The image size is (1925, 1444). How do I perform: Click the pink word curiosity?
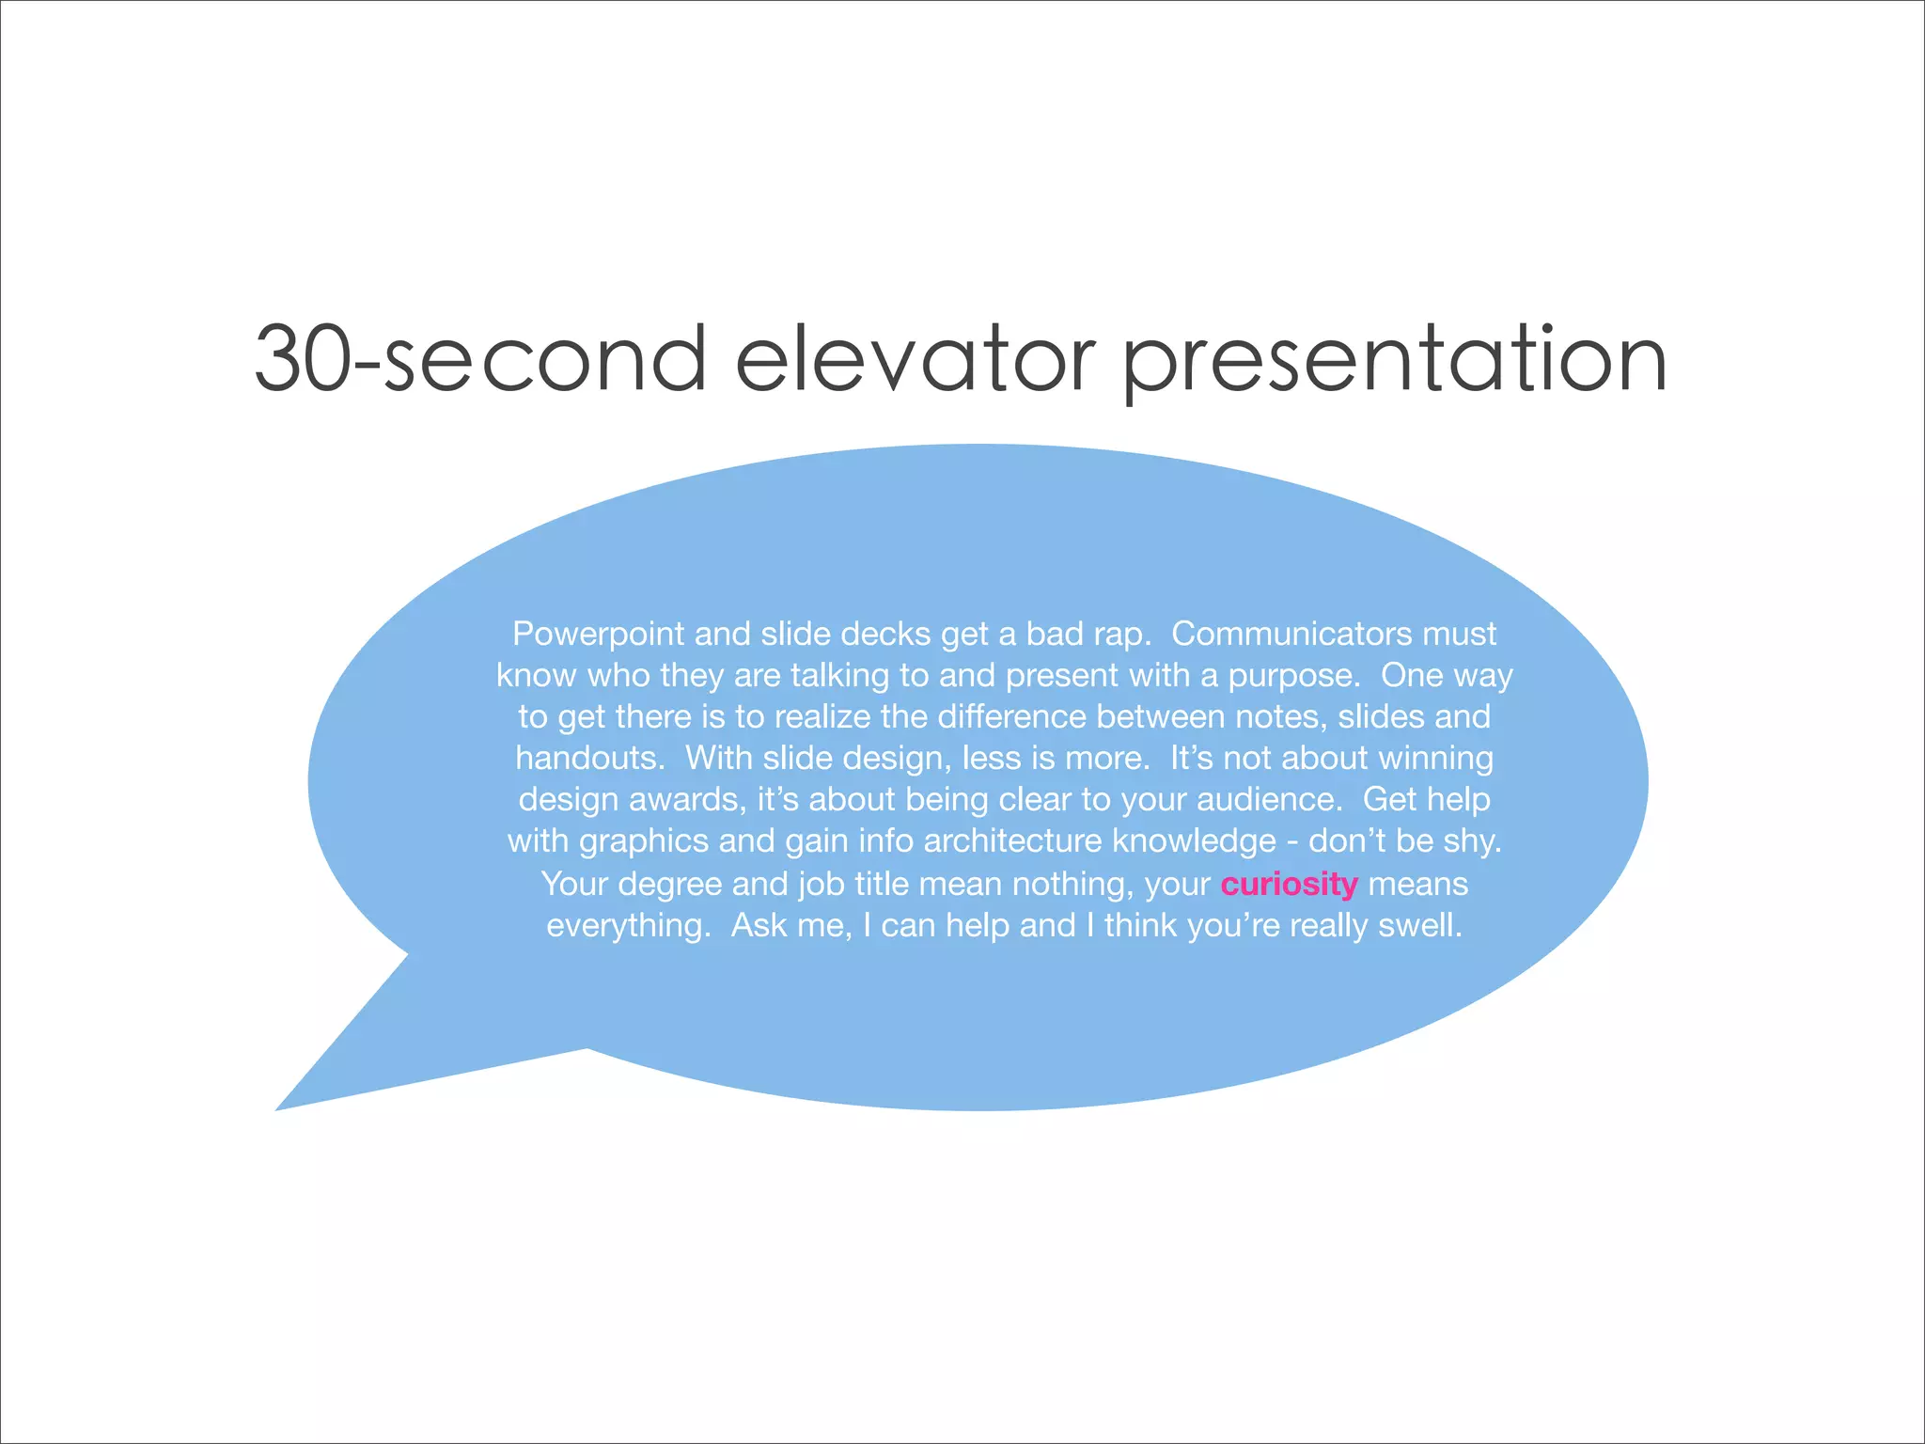[1289, 885]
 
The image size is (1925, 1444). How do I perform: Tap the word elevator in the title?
[914, 359]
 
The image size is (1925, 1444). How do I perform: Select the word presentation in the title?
[1395, 362]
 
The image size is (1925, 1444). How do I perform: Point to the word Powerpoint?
[598, 635]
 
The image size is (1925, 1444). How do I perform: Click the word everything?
[628, 926]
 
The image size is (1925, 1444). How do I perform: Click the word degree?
[669, 885]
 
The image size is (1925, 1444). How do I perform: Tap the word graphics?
[643, 841]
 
